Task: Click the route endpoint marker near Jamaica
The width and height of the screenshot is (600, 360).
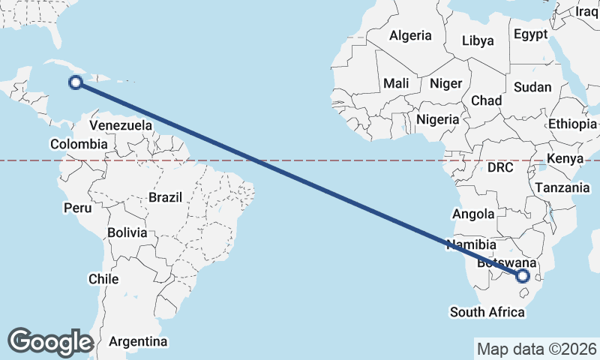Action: click(x=76, y=82)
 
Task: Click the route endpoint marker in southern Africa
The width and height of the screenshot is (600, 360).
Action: click(x=523, y=276)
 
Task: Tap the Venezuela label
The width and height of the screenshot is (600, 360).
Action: click(x=121, y=125)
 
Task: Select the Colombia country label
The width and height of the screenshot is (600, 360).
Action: click(x=79, y=144)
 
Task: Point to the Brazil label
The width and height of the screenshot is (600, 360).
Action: click(x=166, y=198)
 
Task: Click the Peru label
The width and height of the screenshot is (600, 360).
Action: click(x=77, y=207)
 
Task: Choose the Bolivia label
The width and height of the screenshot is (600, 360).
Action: click(x=127, y=232)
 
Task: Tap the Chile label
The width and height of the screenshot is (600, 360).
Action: click(x=103, y=279)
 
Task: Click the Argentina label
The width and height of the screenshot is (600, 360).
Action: click(x=138, y=341)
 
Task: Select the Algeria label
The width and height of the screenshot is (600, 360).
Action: click(x=410, y=35)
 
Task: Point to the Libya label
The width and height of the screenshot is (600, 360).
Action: click(x=478, y=40)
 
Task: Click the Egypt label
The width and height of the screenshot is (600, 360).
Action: click(x=531, y=34)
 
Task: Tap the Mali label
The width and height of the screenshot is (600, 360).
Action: click(x=395, y=84)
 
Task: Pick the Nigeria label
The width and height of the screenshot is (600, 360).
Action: click(x=437, y=119)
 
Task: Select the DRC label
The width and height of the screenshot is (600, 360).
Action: click(x=500, y=167)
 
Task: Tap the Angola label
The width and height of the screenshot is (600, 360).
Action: click(x=473, y=214)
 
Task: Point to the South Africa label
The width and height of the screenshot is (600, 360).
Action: click(x=487, y=311)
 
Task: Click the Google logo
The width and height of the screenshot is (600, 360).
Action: click(x=50, y=341)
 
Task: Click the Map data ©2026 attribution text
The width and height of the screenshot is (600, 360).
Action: click(x=537, y=349)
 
